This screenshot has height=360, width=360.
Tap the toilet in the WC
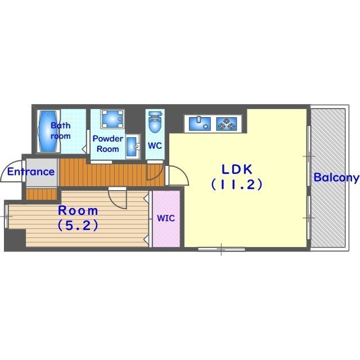(x=155, y=123)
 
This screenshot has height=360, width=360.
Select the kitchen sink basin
(x=200, y=124)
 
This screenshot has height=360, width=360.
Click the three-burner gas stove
(x=227, y=124)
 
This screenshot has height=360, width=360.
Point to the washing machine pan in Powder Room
(x=112, y=119)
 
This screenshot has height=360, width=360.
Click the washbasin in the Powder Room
(x=133, y=146)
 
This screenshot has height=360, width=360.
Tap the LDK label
(x=237, y=169)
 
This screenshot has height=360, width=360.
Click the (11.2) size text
(x=237, y=184)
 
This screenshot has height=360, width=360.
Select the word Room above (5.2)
(x=78, y=211)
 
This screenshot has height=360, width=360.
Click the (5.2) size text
(x=78, y=225)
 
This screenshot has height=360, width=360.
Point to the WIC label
(x=166, y=218)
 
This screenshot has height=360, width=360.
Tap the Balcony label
(x=336, y=178)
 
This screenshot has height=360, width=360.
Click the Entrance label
(x=31, y=172)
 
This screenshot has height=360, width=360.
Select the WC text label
(x=155, y=146)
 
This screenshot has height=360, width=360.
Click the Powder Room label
(x=108, y=144)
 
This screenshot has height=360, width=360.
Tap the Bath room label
(x=61, y=130)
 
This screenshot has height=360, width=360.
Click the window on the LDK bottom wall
(x=222, y=249)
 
